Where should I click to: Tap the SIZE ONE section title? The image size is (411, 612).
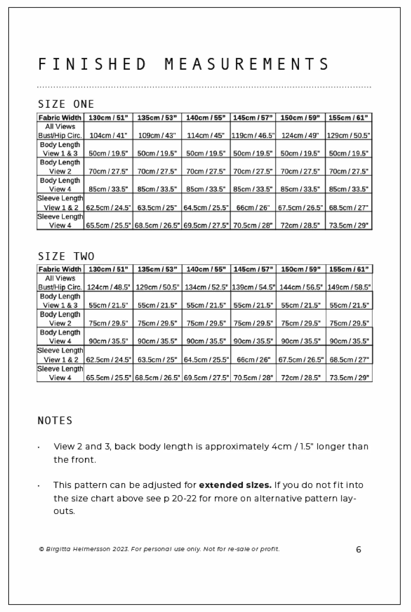(66, 104)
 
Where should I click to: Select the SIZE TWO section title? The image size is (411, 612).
(66, 256)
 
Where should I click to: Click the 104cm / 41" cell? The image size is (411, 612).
(108, 135)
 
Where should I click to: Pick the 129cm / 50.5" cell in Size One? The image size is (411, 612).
(348, 135)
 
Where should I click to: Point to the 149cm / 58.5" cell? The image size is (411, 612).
(349, 287)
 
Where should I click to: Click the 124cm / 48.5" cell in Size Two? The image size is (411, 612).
(108, 287)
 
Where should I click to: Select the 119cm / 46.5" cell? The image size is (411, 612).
(253, 135)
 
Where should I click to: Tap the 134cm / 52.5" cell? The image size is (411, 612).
(206, 287)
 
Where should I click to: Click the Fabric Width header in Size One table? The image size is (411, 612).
(60, 117)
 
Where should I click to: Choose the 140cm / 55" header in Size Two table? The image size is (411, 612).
(206, 269)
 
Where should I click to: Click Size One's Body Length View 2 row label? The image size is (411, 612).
(60, 167)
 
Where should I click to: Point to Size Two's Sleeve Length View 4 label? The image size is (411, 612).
(60, 373)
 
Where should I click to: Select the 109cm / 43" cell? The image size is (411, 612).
(157, 135)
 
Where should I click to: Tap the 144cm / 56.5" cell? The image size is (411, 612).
(301, 287)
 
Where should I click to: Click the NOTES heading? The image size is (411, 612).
(55, 420)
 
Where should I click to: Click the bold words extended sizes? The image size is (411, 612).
(235, 485)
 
